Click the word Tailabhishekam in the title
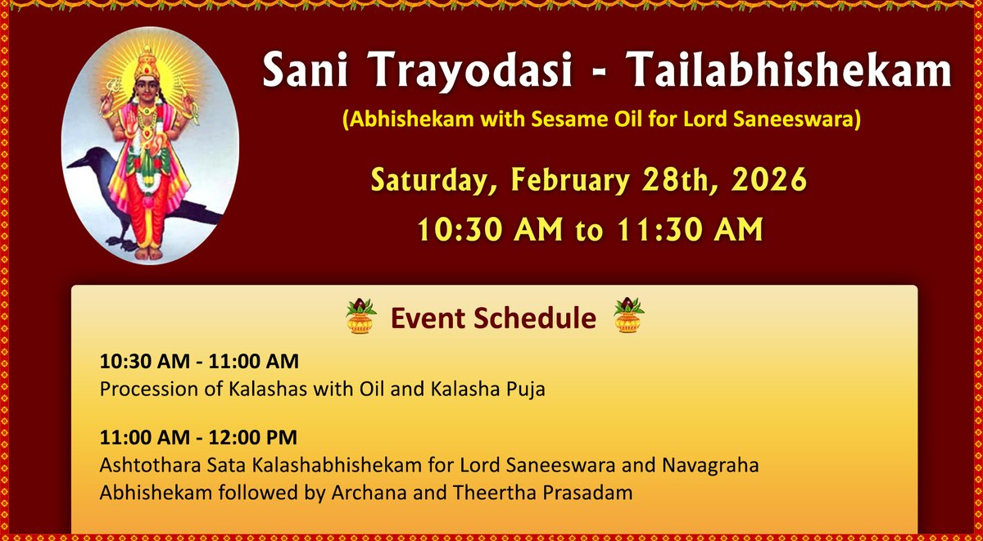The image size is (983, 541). click(790, 73)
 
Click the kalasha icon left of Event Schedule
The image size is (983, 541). click(360, 317)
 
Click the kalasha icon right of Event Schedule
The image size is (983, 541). click(628, 317)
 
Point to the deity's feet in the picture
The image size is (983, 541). click(147, 252)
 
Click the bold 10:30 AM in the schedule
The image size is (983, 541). click(135, 361)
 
